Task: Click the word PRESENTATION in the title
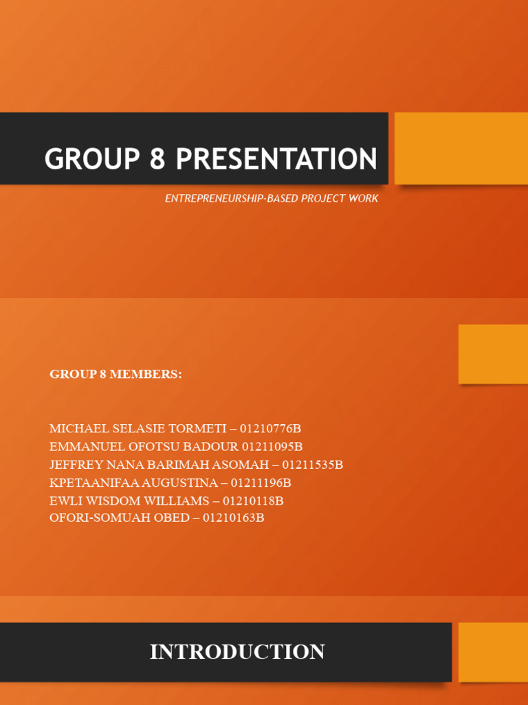coord(276,160)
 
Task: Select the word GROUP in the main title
coord(91,160)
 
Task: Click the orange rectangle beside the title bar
coord(461,148)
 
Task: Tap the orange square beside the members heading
coord(493,354)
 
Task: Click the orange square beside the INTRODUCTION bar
coord(493,652)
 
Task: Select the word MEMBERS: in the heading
coord(148,375)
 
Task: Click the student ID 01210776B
coord(270,429)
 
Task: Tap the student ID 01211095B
coord(272,447)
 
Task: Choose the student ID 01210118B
coord(253,501)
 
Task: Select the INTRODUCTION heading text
coord(237,652)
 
